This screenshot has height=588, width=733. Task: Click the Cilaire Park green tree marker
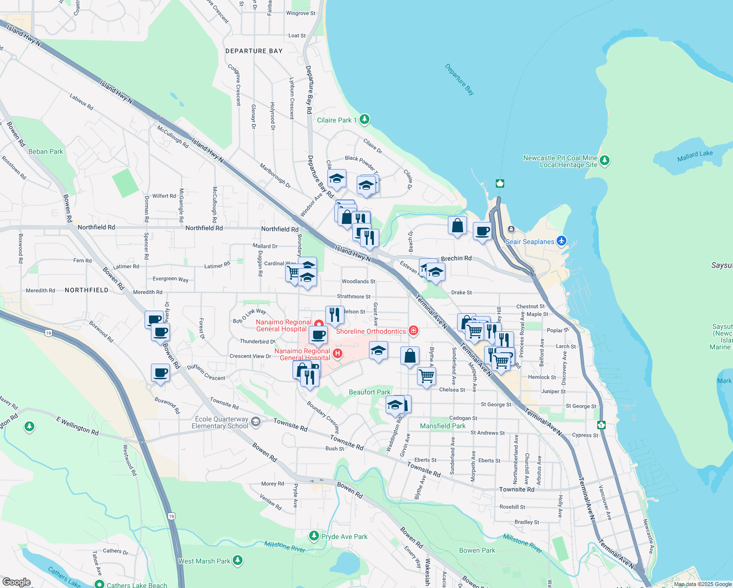coord(364,119)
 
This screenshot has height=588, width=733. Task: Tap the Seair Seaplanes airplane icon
coord(562,241)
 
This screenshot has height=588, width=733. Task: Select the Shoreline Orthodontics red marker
coord(414,331)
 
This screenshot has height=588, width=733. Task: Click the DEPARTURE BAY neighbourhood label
coord(254,51)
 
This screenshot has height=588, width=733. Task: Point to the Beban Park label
coord(46,151)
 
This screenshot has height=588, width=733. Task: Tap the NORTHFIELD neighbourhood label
coord(87,290)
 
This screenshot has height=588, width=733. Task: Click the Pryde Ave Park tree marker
coord(314,536)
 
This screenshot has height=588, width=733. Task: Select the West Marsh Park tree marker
coord(238,560)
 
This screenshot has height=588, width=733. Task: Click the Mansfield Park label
coord(442,426)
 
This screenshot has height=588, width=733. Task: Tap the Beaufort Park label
coord(369,392)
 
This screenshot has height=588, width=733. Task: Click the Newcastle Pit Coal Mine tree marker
coord(605,160)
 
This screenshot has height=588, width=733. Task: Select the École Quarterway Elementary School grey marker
coord(255,422)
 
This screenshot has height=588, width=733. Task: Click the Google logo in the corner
coord(16,582)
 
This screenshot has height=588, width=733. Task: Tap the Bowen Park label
coord(477,550)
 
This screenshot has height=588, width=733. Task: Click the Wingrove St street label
coord(301,13)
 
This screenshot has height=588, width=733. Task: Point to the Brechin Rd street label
coord(456,258)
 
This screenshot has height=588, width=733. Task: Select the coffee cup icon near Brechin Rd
coord(482,231)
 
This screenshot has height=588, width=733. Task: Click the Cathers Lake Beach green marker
coord(99,584)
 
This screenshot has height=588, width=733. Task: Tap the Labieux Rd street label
coord(81,102)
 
